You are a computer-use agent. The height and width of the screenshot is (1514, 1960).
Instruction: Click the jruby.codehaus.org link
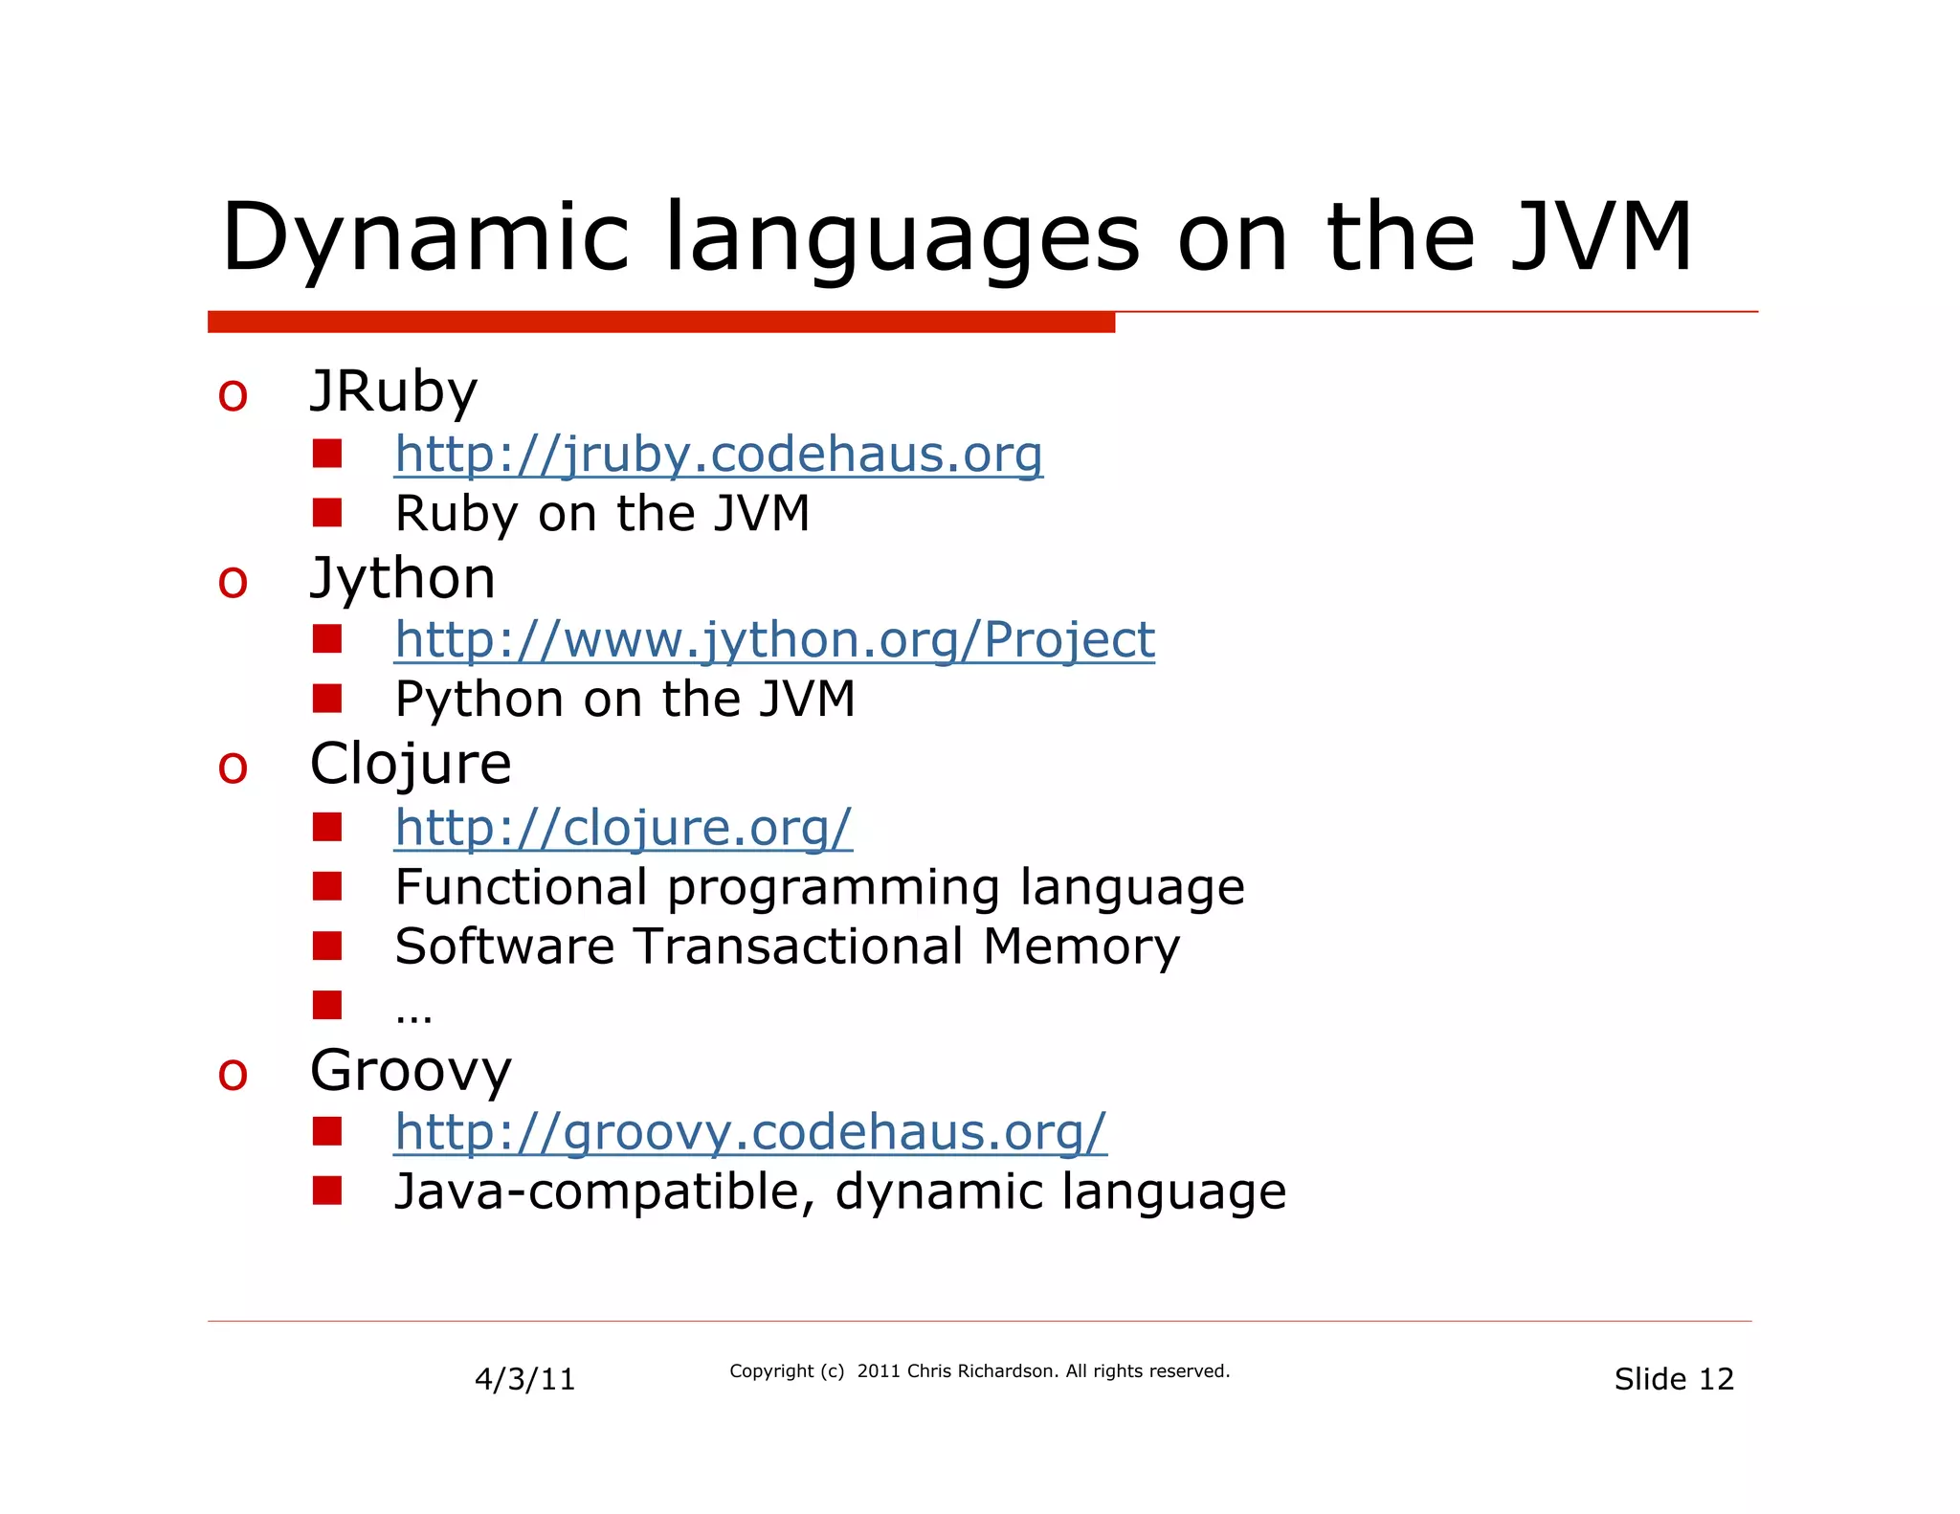718,455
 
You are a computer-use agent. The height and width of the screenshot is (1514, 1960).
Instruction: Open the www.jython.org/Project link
774,640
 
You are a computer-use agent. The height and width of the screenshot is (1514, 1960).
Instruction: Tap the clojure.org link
623,828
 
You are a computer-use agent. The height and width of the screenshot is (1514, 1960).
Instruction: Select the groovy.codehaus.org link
750,1132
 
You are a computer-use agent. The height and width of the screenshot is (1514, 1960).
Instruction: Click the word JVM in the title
1600,237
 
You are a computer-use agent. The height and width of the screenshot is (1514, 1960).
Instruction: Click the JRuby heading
393,391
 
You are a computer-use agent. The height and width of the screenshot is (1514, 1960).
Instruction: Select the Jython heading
403,578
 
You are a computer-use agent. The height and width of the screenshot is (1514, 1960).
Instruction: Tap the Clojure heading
411,764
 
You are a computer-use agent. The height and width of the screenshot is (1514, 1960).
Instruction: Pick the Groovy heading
411,1070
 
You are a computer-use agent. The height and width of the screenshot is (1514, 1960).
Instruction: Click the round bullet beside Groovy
233,1074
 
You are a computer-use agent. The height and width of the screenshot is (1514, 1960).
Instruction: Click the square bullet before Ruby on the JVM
327,513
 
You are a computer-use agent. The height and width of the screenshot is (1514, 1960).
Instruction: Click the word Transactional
799,946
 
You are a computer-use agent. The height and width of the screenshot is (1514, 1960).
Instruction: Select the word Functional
522,887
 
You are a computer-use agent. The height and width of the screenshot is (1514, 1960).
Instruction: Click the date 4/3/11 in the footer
524,1379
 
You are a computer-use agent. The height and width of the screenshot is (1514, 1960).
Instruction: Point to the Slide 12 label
1673,1379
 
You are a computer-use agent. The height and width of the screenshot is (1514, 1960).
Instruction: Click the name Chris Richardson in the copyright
982,1371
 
